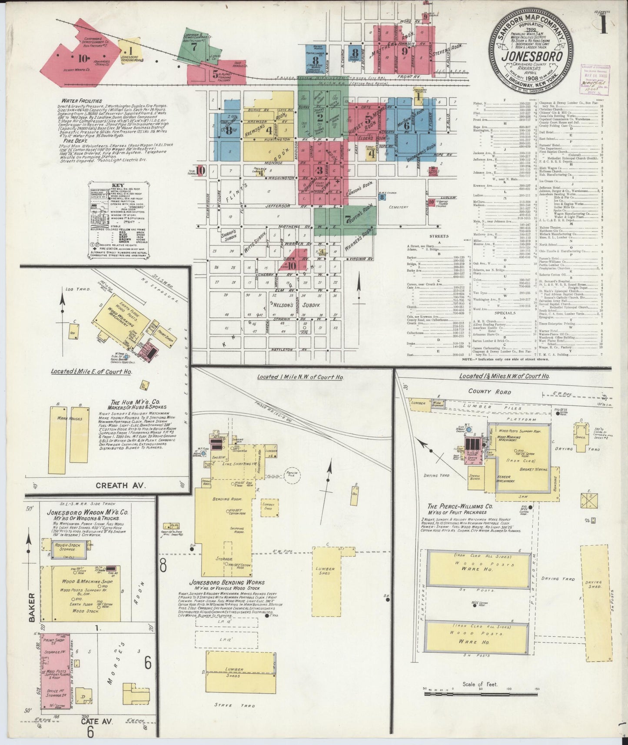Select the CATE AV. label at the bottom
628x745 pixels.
pyautogui.click(x=97, y=721)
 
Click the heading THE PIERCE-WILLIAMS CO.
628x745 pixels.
pyautogui.click(x=460, y=506)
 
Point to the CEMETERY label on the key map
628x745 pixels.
pyautogui.click(x=399, y=207)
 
